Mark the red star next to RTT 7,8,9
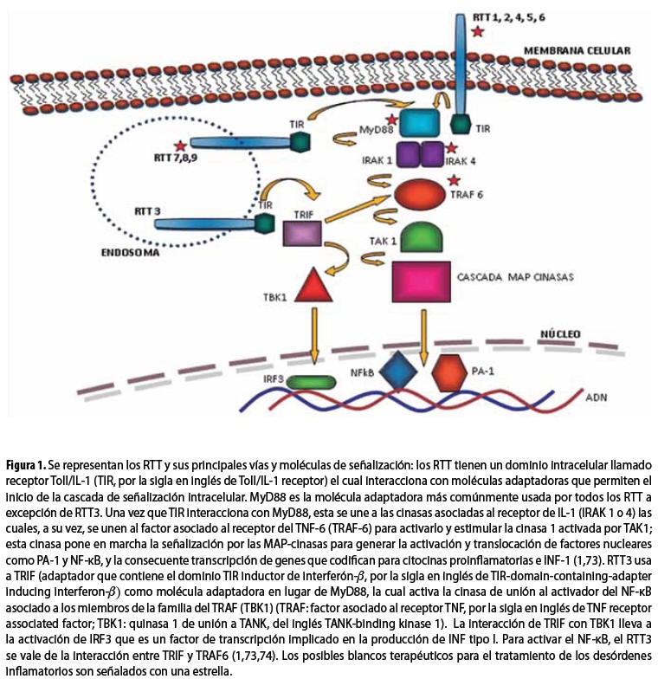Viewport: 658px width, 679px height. pyautogui.click(x=179, y=146)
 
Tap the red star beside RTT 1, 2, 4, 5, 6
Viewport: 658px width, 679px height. pyautogui.click(x=477, y=32)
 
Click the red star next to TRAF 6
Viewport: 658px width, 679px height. pyautogui.click(x=454, y=180)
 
